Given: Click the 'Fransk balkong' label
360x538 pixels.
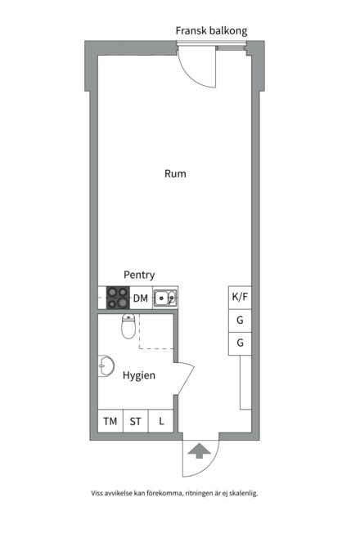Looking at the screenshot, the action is coord(211,31).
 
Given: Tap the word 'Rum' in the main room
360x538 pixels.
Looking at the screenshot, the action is coord(175,173).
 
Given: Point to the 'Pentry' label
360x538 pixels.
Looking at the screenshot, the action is coord(139,275).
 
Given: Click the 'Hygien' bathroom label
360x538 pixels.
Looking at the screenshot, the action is coord(138,375).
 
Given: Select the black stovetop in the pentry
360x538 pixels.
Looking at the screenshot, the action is coord(118,298).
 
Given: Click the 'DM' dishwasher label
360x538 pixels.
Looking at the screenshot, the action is coord(141,298).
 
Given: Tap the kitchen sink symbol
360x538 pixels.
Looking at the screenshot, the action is coord(165,298).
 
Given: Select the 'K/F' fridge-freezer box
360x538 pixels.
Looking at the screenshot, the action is coord(240,298).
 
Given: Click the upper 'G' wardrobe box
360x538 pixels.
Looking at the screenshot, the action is coord(240,321).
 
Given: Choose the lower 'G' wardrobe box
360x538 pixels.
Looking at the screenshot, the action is coord(240,343).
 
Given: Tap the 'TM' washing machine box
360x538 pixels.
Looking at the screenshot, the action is coord(110,421).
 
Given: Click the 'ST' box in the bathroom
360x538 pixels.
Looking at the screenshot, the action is coord(135,421).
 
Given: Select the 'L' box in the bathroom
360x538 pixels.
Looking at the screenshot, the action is coord(161,421).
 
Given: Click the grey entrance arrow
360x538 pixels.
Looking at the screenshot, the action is coord(200,451).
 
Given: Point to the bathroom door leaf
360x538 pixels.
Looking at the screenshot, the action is coord(186,379).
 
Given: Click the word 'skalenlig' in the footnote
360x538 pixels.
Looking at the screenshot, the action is coord(243,493).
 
